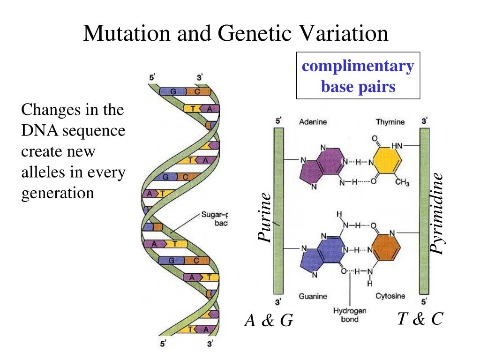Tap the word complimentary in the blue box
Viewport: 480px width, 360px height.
(x=358, y=66)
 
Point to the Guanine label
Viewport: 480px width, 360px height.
(x=313, y=296)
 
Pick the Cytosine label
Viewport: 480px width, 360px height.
(x=390, y=296)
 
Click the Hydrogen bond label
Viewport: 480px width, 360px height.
(x=350, y=315)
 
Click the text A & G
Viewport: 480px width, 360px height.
(x=269, y=321)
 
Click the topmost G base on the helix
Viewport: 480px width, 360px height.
(x=172, y=92)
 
